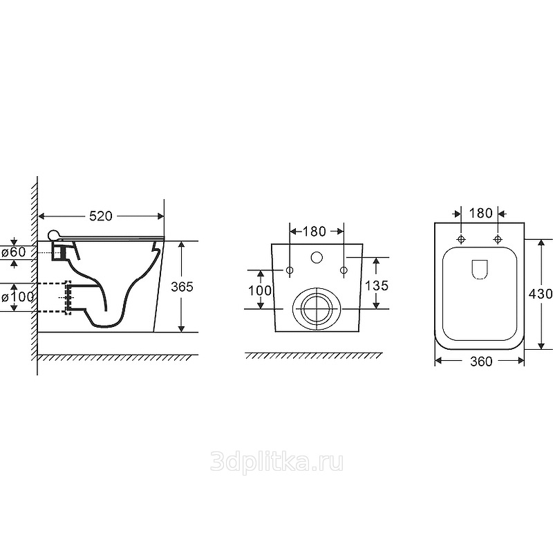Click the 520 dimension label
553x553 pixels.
(x=100, y=216)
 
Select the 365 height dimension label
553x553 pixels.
(x=182, y=287)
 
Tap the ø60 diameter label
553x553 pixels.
(x=14, y=252)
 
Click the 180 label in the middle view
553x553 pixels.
(x=315, y=232)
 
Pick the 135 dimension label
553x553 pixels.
(x=377, y=285)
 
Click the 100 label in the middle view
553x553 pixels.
(x=260, y=290)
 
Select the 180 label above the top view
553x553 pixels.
(x=480, y=213)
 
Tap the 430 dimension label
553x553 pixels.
(x=541, y=293)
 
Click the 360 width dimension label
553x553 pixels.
(x=481, y=361)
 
